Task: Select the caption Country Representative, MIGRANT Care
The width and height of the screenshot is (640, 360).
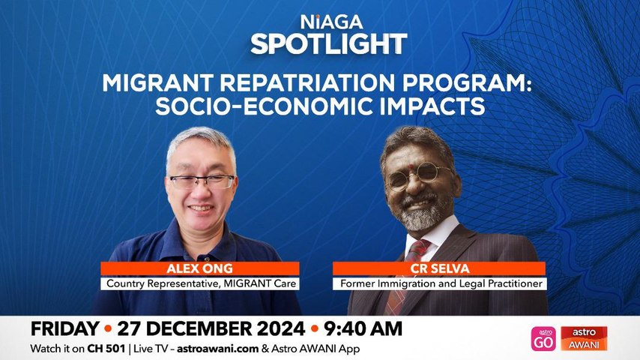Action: coord(200,284)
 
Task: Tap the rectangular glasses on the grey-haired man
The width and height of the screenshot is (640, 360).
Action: coord(202,181)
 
